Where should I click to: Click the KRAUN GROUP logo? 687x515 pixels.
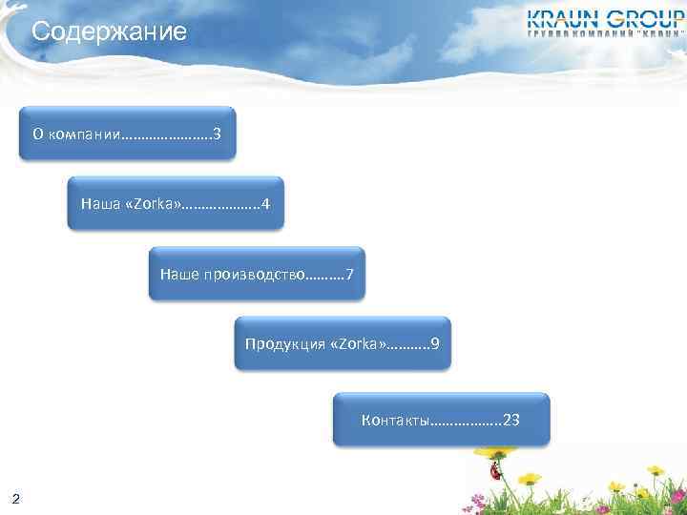coord(606,22)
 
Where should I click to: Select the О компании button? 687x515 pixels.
coord(127,133)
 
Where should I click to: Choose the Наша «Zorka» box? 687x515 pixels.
coord(176,203)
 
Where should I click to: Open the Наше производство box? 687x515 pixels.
coord(257,275)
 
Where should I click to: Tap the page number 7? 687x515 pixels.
coord(350,275)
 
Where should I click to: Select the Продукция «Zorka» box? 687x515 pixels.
coord(342,343)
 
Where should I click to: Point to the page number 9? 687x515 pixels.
coord(435,343)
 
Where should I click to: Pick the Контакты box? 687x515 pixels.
coord(441,420)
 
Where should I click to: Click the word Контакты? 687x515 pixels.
coord(396,420)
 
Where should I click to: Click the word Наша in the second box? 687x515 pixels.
coord(101,203)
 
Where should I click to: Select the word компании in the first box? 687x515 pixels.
coord(84,133)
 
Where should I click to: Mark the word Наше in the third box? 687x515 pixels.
coord(179,275)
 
